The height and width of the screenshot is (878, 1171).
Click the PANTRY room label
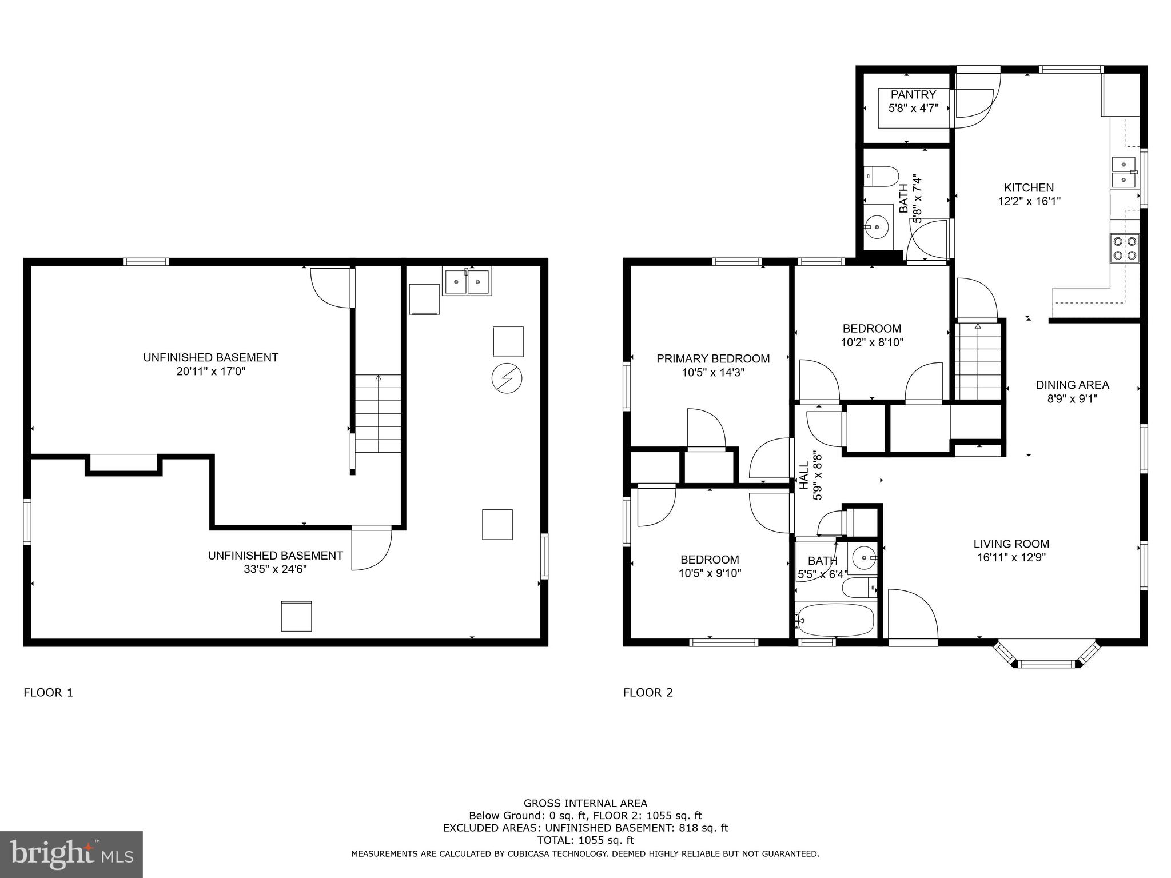coord(913,95)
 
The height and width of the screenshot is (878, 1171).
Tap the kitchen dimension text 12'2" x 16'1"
coord(1029,201)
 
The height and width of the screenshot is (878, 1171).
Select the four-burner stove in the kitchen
coord(1124,248)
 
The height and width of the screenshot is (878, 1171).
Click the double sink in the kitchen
coord(1124,172)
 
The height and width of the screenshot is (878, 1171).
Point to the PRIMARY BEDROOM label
coord(712,358)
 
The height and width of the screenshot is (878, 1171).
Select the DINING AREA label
coord(1072,385)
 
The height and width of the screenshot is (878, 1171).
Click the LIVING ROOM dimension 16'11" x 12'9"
coord(1011,558)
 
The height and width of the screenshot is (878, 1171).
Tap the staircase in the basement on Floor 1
coord(378,414)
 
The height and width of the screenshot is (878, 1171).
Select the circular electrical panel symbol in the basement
coord(507,378)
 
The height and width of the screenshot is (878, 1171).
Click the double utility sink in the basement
coord(467,282)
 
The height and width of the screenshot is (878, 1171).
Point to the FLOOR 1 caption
coord(48,693)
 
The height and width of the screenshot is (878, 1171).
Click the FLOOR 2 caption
coord(648,693)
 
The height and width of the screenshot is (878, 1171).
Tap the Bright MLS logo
coord(71,855)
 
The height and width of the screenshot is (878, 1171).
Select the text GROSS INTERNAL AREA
coord(585,803)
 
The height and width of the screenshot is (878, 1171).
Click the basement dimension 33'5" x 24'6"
coord(275,569)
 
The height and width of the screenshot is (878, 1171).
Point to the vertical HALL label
coord(804,476)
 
